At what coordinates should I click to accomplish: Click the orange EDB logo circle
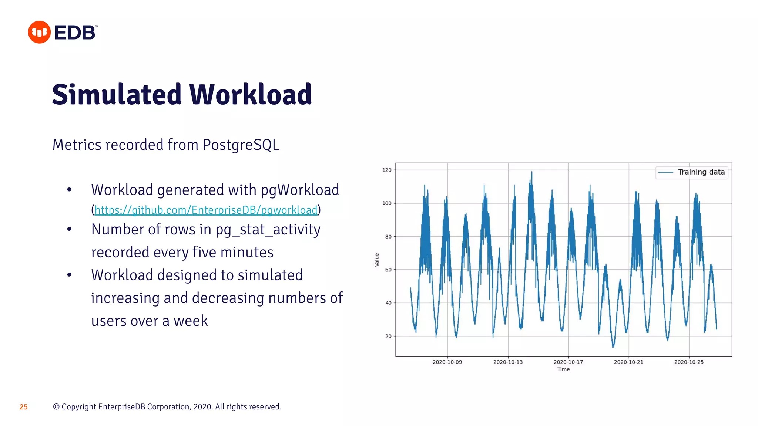[39, 32]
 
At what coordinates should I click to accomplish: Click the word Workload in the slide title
[251, 95]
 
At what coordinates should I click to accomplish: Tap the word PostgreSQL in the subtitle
[241, 145]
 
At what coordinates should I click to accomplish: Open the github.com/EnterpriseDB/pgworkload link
[206, 210]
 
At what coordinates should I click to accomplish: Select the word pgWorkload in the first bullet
[300, 190]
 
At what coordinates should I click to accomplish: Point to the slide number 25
[24, 407]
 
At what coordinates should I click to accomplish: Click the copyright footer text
[167, 407]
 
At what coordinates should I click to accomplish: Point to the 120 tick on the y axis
[387, 170]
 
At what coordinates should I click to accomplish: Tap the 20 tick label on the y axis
[388, 336]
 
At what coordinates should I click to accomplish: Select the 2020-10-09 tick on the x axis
[447, 362]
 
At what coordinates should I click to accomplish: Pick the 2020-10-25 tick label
[689, 362]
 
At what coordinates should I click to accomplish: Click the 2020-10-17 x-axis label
[568, 362]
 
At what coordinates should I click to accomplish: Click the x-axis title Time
[563, 369]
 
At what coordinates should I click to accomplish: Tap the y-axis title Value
[377, 260]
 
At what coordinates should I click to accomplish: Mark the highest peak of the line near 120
[532, 172]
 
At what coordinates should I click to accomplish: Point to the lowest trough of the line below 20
[613, 347]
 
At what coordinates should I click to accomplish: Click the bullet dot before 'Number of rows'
[69, 230]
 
